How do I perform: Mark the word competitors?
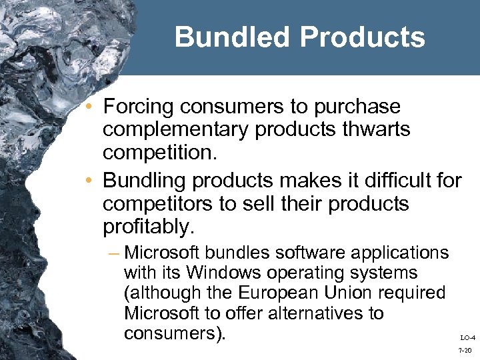point(159,203)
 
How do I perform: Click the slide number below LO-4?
point(467,350)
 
